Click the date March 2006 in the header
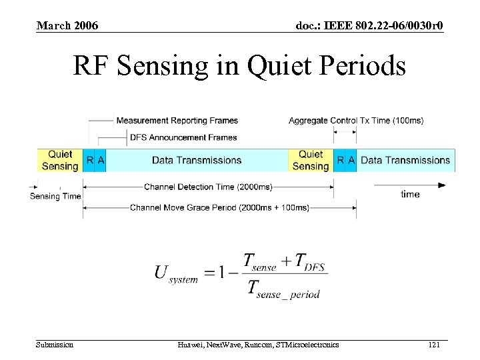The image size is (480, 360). (x=67, y=26)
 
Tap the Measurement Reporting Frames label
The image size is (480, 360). (x=177, y=121)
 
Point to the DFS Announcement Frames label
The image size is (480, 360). (x=183, y=137)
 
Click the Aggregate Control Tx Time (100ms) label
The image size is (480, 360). (x=355, y=121)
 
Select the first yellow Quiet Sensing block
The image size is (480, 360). (x=60, y=160)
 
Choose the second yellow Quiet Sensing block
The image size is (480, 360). (x=311, y=160)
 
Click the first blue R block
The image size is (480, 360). (x=89, y=160)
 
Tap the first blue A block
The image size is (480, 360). (x=101, y=160)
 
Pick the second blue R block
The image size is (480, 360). (x=340, y=160)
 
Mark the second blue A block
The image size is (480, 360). (x=351, y=160)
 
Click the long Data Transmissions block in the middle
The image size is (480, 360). (x=197, y=160)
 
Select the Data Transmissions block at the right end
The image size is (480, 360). (x=405, y=160)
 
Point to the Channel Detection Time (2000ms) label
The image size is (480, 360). (x=208, y=186)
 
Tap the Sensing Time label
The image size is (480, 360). (x=55, y=196)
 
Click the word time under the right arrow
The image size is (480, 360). (x=410, y=194)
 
